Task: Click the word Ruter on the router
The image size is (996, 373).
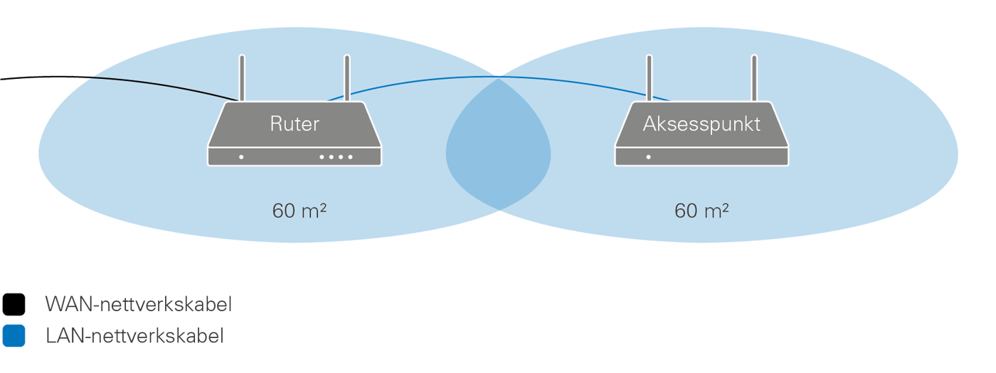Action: tap(295, 124)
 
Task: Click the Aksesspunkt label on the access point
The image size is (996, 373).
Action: tap(701, 124)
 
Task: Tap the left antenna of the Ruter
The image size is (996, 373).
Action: tap(242, 77)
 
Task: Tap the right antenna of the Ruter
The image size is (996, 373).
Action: tap(347, 77)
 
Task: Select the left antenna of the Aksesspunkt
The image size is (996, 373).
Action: tap(649, 77)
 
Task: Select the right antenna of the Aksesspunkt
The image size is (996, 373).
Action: tap(754, 77)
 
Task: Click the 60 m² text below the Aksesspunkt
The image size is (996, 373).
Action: tap(701, 211)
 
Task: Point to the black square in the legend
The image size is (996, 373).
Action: tap(14, 305)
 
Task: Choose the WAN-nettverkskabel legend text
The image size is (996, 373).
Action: tap(139, 306)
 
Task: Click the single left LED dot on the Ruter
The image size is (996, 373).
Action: tap(241, 156)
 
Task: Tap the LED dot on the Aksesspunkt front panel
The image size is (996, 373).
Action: tap(648, 156)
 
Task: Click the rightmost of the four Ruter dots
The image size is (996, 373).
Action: tap(350, 156)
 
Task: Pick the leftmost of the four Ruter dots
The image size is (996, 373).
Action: tap(322, 156)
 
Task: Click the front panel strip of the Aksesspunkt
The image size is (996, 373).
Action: tap(711, 156)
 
